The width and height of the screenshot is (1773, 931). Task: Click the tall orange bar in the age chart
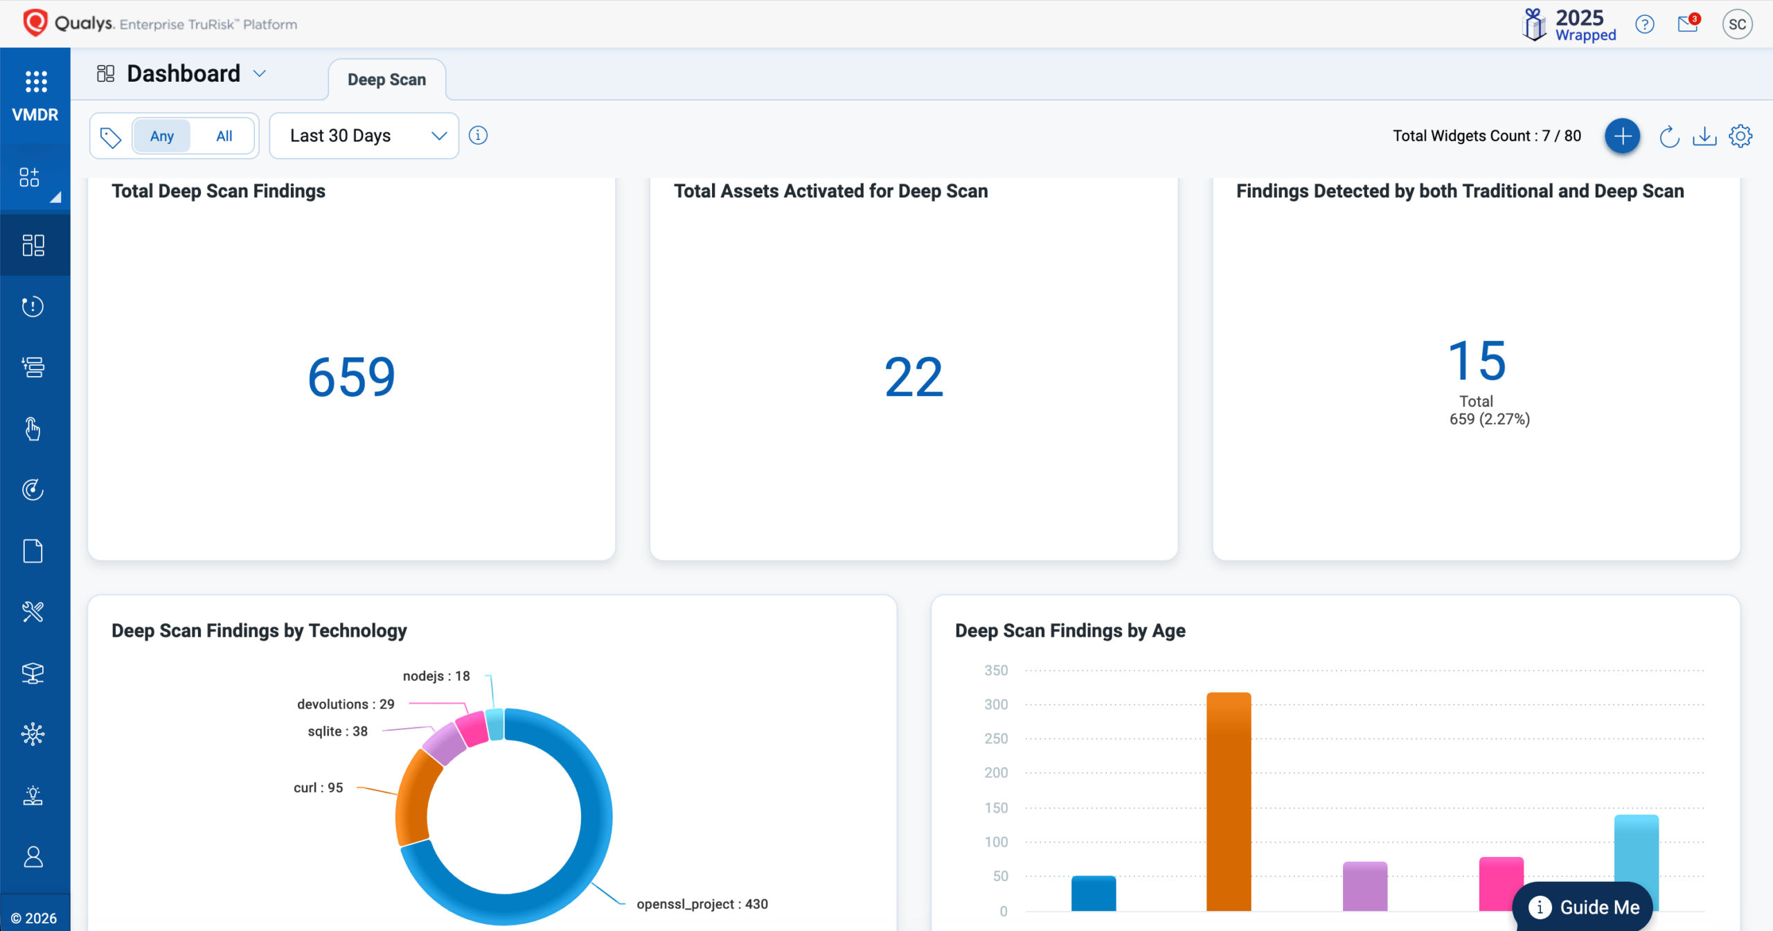coord(1229,801)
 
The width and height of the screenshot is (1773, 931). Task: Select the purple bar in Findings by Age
coord(1364,886)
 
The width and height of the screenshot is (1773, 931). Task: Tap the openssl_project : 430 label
coord(702,904)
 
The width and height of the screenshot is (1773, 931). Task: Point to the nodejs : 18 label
coord(436,676)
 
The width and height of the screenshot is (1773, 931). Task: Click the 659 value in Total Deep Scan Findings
coord(352,378)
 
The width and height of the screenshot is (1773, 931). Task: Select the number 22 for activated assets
coord(914,378)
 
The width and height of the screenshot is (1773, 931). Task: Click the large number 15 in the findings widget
coord(1477,361)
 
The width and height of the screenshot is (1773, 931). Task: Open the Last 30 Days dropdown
coord(364,136)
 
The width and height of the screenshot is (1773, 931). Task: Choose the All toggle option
coord(224,136)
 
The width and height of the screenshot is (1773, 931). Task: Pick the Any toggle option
coord(162,136)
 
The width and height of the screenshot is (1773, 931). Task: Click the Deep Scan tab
coord(386,80)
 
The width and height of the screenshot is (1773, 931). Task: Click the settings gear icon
coord(1740,136)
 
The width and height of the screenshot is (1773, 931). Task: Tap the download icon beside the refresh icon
coord(1704,136)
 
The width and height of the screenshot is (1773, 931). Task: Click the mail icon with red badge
coord(1689,24)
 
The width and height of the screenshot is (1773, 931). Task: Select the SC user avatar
coord(1738,24)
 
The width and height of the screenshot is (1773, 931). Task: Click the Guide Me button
coord(1583,907)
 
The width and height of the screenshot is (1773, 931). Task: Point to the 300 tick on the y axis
coord(996,704)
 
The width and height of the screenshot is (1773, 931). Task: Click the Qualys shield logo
coord(35,23)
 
